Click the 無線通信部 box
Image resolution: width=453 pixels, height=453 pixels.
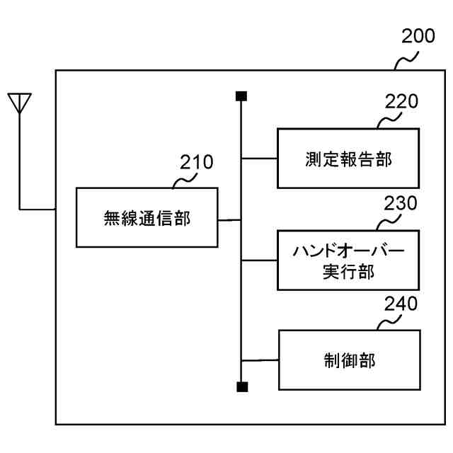pos(147,217)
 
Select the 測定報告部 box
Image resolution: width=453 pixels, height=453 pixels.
pos(348,158)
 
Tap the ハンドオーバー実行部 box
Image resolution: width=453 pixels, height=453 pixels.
pos(348,260)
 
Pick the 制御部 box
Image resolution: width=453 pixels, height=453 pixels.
pos(348,360)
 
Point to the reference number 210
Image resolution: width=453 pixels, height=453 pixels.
pos(195,162)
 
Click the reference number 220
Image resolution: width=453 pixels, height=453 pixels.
pos(401,101)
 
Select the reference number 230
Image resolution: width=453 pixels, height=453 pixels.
pos(401,204)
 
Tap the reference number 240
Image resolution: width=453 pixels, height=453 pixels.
pos(401,304)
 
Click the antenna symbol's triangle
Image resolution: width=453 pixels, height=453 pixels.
pos(20,103)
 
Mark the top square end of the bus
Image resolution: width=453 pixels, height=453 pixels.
pos(241,96)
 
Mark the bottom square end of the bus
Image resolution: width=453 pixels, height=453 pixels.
pos(241,386)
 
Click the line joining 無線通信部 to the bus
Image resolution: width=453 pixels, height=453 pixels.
pos(229,220)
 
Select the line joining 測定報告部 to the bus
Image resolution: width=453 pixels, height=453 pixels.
pos(259,158)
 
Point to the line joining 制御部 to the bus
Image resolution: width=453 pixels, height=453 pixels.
pos(260,360)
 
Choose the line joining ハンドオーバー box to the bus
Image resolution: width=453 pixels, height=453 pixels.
pos(259,260)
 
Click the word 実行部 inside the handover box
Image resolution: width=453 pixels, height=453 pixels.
pos(348,271)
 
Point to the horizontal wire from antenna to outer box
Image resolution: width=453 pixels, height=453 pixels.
pos(38,210)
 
